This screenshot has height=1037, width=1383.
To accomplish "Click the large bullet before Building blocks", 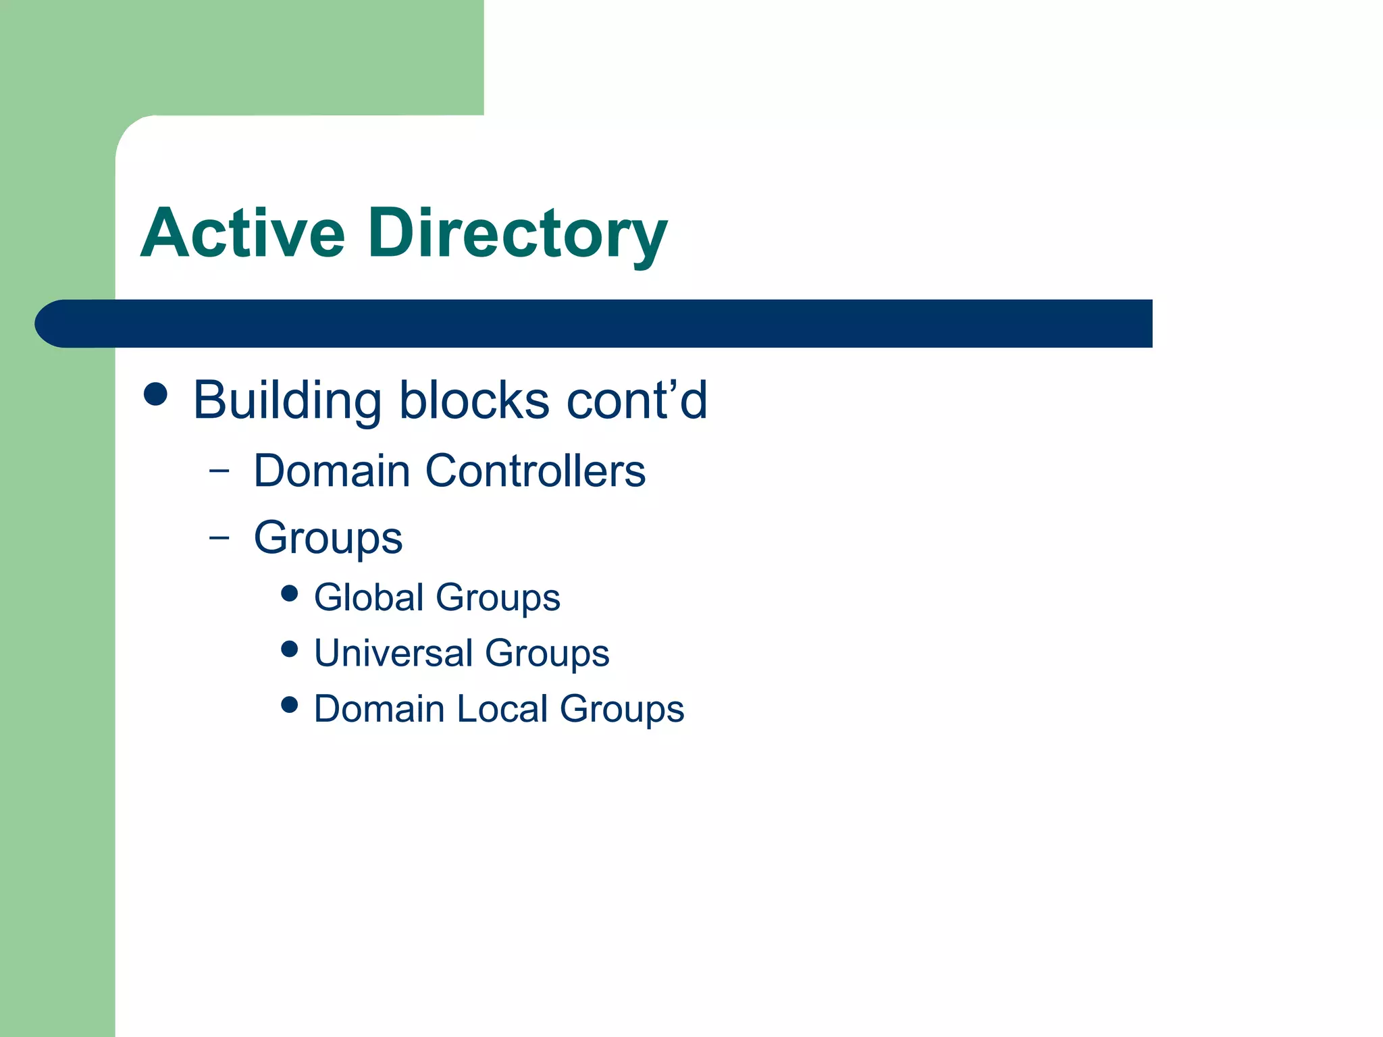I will (x=156, y=394).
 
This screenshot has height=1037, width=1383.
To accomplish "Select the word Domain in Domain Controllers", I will (x=332, y=471).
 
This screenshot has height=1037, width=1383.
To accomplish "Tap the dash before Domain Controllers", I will (x=219, y=471).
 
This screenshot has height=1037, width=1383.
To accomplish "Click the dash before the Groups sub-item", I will (x=219, y=538).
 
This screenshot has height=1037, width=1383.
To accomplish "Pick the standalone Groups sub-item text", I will (x=328, y=538).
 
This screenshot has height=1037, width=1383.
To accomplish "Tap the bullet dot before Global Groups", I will (x=290, y=593).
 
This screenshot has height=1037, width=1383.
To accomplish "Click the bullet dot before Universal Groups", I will (x=290, y=649).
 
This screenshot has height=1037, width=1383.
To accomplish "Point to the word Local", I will (x=502, y=709).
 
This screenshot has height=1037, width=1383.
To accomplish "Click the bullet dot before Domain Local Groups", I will (x=290, y=705).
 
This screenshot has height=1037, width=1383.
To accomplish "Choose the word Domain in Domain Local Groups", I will (x=379, y=709).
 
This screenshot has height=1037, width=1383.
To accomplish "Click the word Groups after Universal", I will (x=547, y=654).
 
